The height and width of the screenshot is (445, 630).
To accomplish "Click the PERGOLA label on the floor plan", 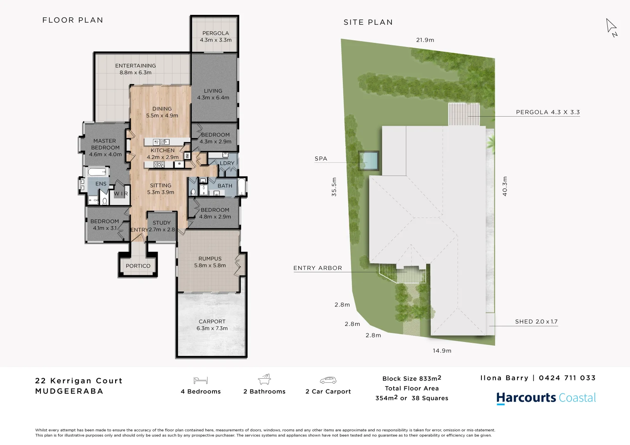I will [x=215, y=33].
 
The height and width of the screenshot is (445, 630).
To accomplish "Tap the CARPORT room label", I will [x=212, y=321].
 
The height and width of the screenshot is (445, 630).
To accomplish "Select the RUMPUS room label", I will [x=210, y=259].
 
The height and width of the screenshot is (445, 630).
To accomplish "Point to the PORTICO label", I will [x=138, y=266].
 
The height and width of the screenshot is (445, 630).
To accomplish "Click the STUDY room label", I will [x=162, y=223].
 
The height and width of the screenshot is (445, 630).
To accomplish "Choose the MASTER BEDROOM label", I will [x=105, y=144].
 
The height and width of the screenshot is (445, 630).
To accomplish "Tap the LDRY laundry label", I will [x=227, y=163].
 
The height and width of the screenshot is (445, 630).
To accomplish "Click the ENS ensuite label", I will [x=101, y=184].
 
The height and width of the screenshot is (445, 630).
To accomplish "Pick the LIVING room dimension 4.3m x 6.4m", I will [x=213, y=98].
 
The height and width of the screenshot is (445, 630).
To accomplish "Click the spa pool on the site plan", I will [x=369, y=160].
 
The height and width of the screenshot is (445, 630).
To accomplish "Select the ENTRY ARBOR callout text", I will [x=318, y=268].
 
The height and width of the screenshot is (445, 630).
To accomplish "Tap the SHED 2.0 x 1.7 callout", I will [x=536, y=322].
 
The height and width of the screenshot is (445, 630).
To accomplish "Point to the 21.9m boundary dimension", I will [x=425, y=40].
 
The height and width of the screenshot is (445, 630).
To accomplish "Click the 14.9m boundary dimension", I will [x=442, y=351].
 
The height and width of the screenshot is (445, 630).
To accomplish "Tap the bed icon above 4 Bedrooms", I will [x=201, y=380].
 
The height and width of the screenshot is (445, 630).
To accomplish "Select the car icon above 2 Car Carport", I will [x=328, y=380].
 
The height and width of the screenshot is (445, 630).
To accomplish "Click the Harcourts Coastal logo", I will [x=546, y=398].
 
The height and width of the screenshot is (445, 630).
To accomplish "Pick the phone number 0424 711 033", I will [x=567, y=378].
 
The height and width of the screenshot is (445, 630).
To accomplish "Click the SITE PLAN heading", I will [x=368, y=22].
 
